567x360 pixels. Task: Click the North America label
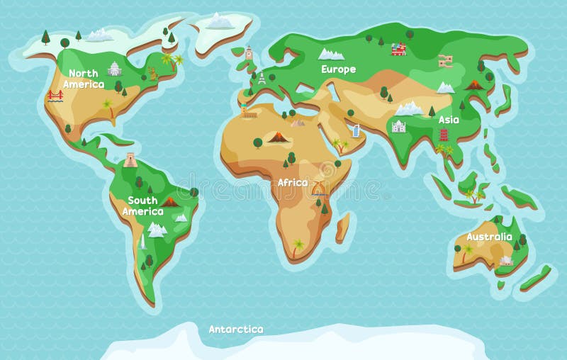click(x=84, y=79)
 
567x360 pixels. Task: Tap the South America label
click(x=142, y=206)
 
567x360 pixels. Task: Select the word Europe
click(x=338, y=69)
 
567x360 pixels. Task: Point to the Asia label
click(x=449, y=120)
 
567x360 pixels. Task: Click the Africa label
click(x=293, y=183)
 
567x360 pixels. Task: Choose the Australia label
click(x=489, y=237)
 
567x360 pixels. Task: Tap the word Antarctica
click(x=236, y=329)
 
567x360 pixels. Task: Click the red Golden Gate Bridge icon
click(x=55, y=95)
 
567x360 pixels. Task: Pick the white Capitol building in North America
click(x=114, y=69)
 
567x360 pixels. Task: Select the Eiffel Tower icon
click(x=262, y=78)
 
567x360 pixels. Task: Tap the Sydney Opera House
click(x=505, y=260)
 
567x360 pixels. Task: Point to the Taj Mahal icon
click(x=398, y=126)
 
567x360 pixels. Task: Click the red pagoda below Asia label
click(x=444, y=135)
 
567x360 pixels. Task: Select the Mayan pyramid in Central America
click(x=130, y=159)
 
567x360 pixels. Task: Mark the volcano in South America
click(x=170, y=201)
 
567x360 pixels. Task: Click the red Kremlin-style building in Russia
click(x=398, y=49)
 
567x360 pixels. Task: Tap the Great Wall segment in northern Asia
click(x=445, y=61)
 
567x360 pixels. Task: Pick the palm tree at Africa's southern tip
click(x=298, y=246)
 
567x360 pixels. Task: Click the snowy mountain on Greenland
click(x=220, y=21)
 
